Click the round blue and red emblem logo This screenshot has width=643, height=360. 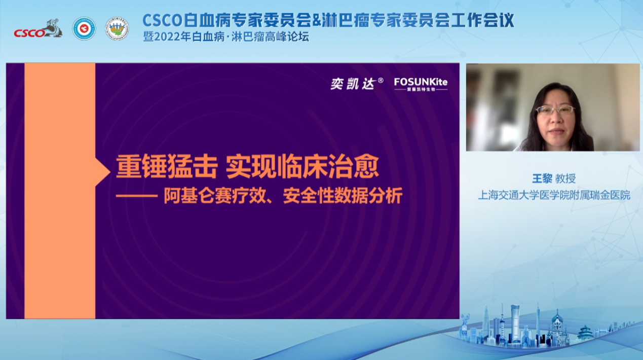pos(84,28)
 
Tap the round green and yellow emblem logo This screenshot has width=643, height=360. pos(117,28)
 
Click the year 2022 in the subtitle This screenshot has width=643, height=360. pos(167,37)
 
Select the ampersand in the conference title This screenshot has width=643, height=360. pos(316,20)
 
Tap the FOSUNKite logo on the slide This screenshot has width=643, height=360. pos(421,84)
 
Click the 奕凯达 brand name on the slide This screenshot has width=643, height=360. pos(353,84)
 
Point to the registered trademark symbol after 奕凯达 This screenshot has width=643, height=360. pos(381,80)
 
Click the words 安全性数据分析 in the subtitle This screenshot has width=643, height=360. pos(343,196)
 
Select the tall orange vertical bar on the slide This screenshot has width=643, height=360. pos(60,191)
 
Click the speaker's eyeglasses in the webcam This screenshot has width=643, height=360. pos(555,110)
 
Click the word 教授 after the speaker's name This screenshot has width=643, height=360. pos(565,178)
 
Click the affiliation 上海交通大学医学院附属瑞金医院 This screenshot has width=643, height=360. pos(554,195)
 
